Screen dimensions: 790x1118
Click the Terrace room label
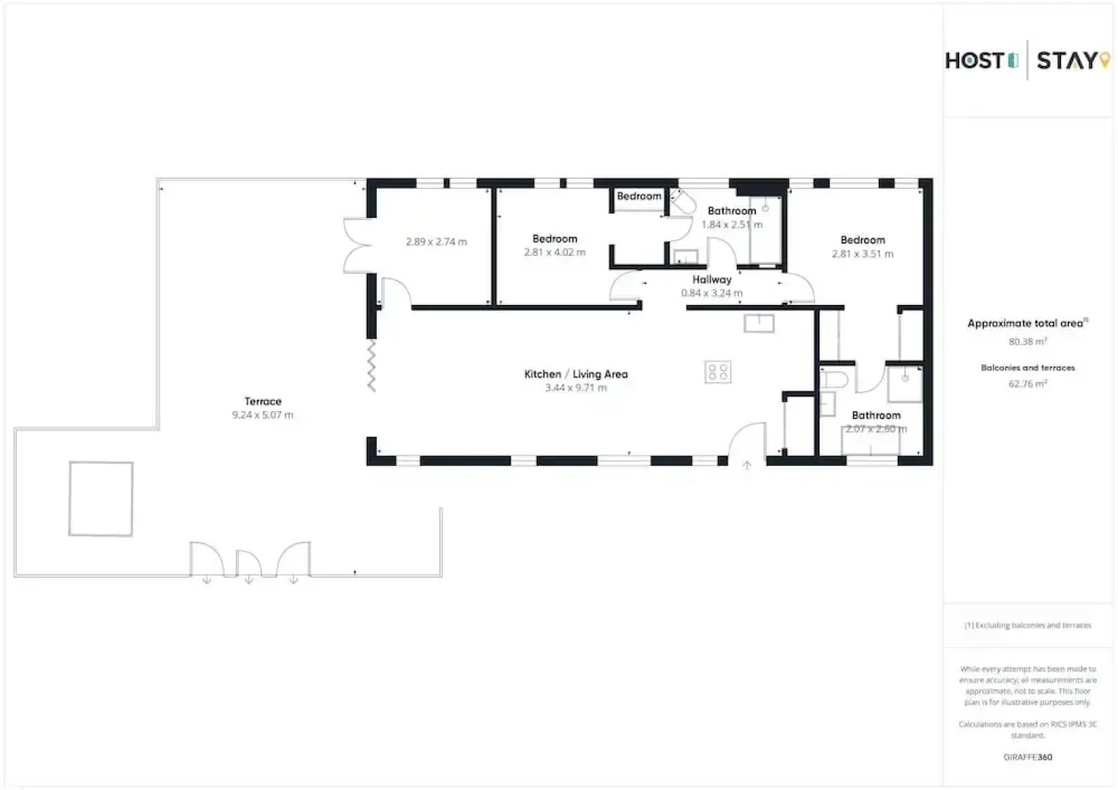pos(263,401)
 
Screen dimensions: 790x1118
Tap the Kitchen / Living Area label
pos(576,374)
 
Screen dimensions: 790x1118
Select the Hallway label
pos(712,279)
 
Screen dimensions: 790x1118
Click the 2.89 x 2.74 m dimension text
pos(436,241)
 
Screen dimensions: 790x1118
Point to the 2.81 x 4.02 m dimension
pos(555,252)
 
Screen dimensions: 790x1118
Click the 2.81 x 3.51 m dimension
pos(863,254)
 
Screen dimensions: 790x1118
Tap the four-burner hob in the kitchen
pos(718,372)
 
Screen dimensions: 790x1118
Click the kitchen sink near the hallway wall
pos(759,323)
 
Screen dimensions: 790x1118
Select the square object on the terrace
pos(101,498)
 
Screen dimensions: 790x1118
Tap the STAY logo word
pos(1068,61)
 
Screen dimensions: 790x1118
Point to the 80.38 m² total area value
pos(1027,342)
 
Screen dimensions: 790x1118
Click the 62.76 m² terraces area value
pos(1027,383)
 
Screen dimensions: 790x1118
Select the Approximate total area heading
pos(1026,323)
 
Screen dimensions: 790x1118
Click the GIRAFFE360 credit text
pos(1027,757)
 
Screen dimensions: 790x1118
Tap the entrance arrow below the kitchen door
pos(747,464)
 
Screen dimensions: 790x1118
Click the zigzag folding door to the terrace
pos(372,365)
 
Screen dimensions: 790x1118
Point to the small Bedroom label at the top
pos(639,196)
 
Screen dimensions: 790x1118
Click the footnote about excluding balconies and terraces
pos(1027,625)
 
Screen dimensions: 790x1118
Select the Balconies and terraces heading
pos(1027,368)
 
